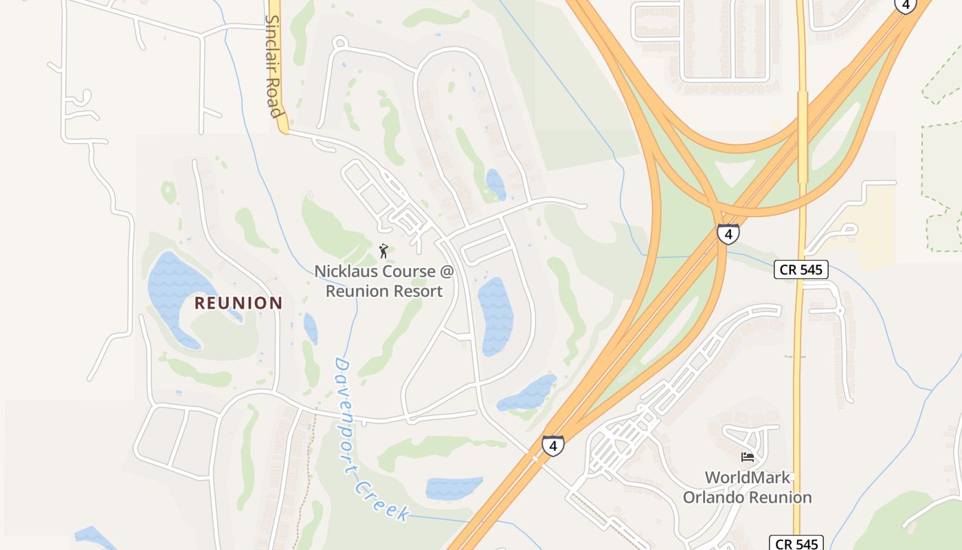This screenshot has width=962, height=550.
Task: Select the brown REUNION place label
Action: tap(238, 302)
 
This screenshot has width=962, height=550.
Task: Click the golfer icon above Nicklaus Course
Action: tap(383, 251)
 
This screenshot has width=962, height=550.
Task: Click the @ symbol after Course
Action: tap(447, 272)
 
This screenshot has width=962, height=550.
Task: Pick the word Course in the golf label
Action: tap(410, 272)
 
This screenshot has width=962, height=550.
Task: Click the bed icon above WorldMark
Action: tap(748, 456)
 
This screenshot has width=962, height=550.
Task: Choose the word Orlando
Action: tap(713, 497)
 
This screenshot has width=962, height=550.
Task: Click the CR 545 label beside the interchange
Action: tap(801, 269)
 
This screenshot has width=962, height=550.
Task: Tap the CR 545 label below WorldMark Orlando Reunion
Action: tap(796, 544)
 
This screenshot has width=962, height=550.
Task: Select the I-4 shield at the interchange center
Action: tap(728, 234)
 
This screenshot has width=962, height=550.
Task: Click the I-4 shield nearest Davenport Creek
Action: tap(552, 445)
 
